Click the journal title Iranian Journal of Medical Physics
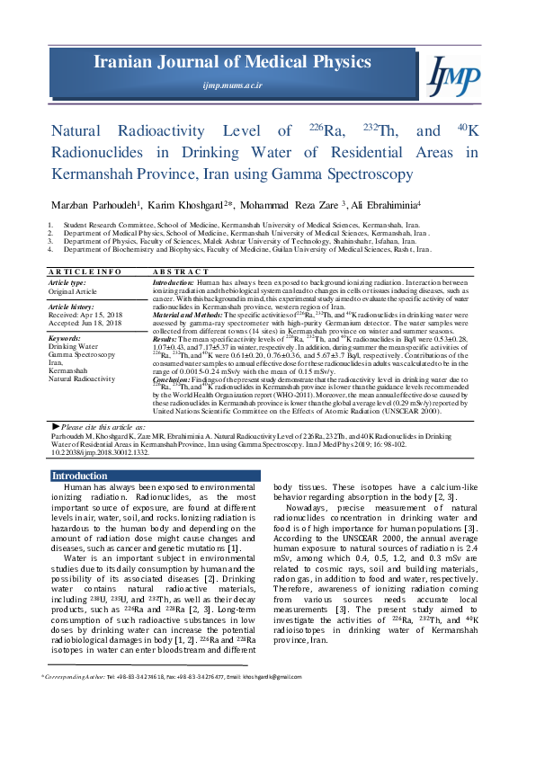coord(232,62)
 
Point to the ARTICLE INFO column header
coord(85,271)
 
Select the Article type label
coord(67,282)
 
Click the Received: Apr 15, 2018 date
coord(85,316)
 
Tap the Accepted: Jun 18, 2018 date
coord(85,324)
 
